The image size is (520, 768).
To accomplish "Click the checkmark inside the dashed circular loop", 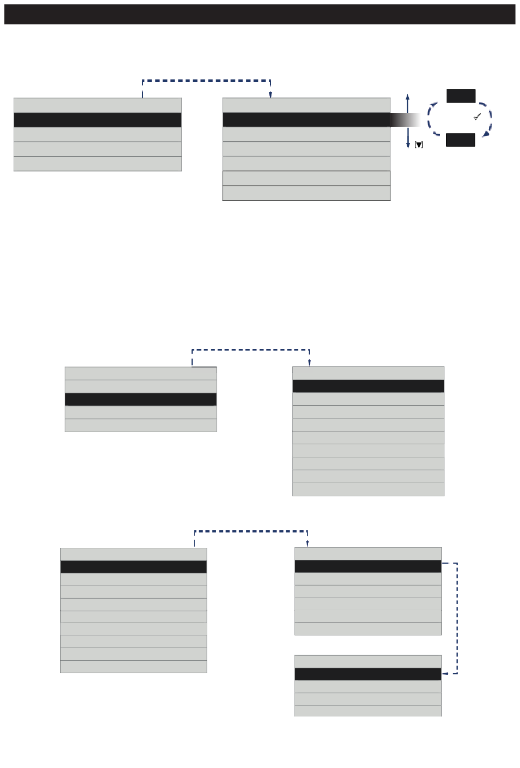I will click(x=477, y=117).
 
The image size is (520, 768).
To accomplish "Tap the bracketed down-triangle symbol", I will click(x=419, y=145).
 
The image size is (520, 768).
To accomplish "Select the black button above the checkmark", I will click(x=461, y=96).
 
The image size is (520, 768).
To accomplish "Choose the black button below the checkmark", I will click(x=460, y=140).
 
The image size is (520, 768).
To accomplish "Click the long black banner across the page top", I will click(x=260, y=15).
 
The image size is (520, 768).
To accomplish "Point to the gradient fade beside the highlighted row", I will click(x=405, y=119).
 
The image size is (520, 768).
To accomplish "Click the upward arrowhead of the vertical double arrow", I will click(x=408, y=96).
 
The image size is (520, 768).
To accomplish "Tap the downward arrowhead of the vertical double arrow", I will click(x=408, y=145).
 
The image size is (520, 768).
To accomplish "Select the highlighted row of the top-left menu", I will click(x=97, y=120).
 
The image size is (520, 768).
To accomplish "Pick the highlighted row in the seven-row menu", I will click(x=307, y=119).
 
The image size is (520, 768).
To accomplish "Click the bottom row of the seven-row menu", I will click(x=307, y=193).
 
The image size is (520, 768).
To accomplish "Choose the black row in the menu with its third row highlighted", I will click(x=141, y=399).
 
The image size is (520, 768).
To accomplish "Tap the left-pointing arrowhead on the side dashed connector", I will click(x=444, y=673).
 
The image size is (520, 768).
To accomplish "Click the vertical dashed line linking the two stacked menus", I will click(x=457, y=618).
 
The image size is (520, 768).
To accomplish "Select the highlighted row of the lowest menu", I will click(x=368, y=674).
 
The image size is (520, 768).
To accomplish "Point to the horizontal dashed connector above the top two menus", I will click(x=206, y=81).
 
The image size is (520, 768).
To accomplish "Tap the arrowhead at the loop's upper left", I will click(x=434, y=103).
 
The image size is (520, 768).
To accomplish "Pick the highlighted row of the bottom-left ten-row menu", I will click(x=134, y=567).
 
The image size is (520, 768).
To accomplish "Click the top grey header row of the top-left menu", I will click(x=97, y=105).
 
